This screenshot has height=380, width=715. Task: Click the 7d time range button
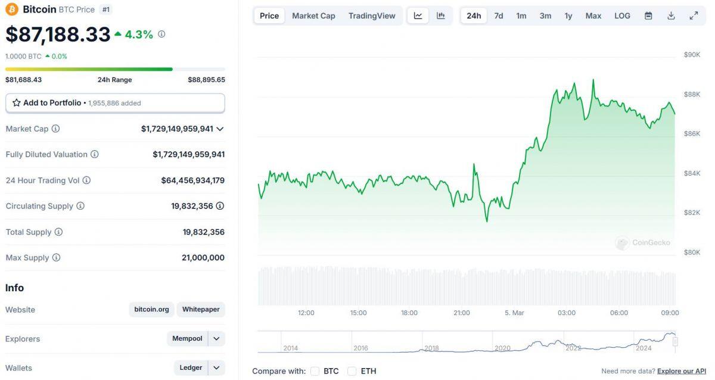click(499, 15)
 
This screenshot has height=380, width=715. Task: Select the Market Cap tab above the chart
click(313, 15)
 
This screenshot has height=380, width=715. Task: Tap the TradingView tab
click(372, 15)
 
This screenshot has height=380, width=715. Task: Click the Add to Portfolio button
click(115, 103)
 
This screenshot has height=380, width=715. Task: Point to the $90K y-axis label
click(692, 55)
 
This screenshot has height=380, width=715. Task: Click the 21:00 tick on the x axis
click(462, 313)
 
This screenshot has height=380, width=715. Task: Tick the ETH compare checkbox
click(352, 371)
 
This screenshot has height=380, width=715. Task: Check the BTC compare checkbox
click(315, 371)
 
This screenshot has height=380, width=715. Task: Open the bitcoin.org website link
click(151, 310)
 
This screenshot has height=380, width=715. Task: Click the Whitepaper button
click(201, 310)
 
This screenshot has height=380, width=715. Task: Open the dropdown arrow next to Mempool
click(217, 339)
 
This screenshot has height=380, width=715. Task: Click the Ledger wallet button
click(191, 368)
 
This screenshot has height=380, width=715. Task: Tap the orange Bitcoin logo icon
click(12, 10)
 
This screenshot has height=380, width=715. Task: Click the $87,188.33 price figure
click(58, 35)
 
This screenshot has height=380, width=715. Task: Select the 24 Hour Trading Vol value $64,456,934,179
click(192, 180)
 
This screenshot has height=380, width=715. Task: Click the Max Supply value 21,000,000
click(203, 258)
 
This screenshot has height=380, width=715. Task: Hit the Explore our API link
click(682, 371)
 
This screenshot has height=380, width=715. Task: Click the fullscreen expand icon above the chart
click(694, 15)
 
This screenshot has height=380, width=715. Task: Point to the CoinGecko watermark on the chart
click(643, 242)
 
